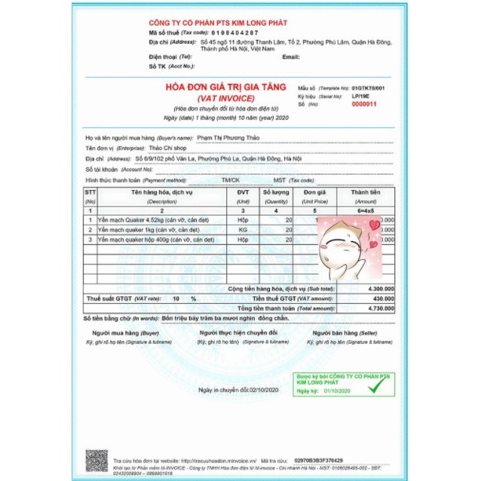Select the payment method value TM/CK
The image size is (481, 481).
(230, 180)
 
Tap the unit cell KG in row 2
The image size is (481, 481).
(242, 228)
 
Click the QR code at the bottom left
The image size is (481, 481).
(96, 459)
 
